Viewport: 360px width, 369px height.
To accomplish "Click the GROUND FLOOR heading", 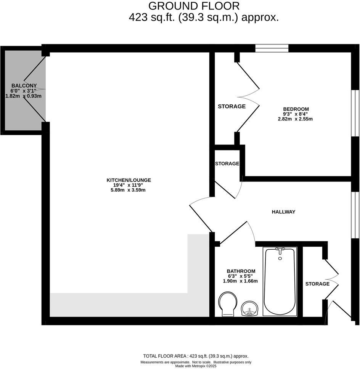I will point(194,6).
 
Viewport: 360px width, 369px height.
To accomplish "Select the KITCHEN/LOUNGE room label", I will point(129,180).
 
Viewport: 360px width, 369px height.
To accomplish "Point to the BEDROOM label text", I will point(296,109).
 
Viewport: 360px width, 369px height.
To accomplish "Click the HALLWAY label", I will point(283,212).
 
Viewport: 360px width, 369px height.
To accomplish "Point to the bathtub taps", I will point(280,250).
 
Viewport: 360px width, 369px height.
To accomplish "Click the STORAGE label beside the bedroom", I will point(231,106).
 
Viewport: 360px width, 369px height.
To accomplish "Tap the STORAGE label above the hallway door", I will point(227,164).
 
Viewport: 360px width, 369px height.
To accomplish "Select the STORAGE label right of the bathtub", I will point(317,284).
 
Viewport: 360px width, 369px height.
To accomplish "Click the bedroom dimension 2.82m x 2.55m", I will point(295,119).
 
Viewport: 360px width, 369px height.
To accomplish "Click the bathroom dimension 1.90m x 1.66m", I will point(240,281).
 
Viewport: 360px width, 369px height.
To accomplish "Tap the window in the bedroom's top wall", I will point(272,48).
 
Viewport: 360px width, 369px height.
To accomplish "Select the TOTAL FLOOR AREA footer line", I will point(196,356).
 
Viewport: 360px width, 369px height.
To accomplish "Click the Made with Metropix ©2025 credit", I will point(196,366).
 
